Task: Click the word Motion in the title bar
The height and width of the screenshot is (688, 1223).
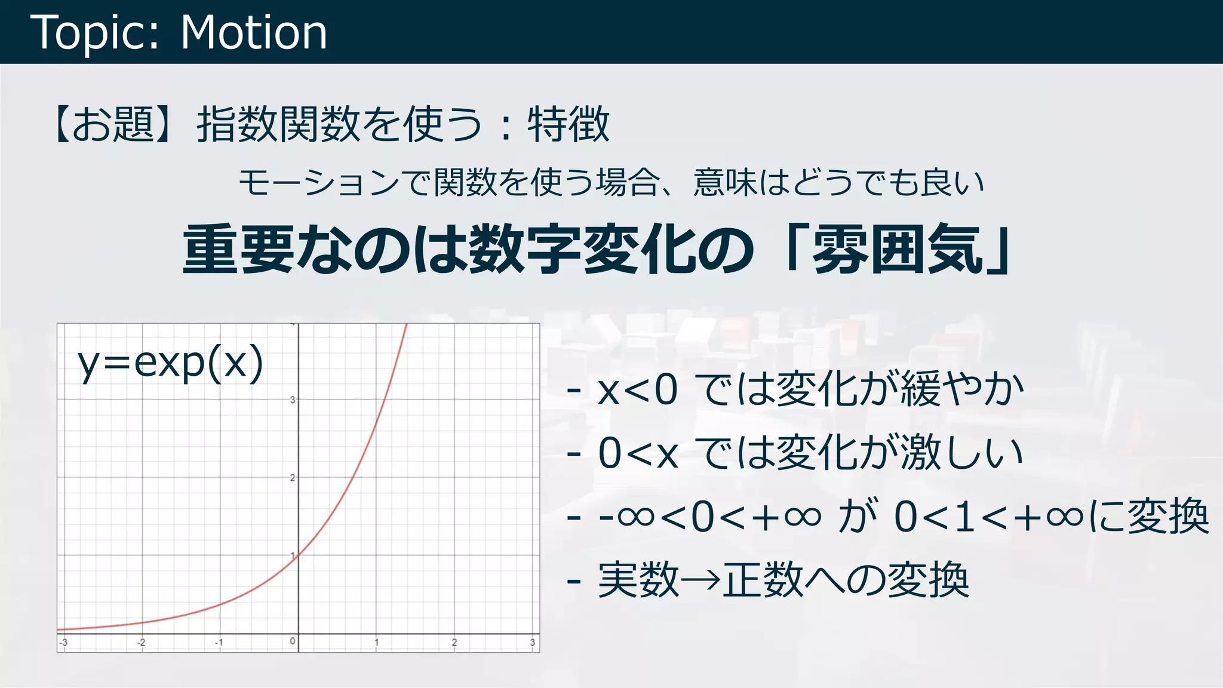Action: coord(254,32)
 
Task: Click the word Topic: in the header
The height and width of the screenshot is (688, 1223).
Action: coord(95,33)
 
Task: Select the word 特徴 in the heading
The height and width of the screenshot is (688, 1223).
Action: coord(568,124)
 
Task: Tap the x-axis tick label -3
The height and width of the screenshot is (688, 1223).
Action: coord(63,643)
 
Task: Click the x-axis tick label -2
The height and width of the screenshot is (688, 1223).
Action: coord(141,643)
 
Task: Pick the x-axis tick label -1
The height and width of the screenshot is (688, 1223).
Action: coord(219,643)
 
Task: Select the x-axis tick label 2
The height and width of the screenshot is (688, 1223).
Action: coord(454,643)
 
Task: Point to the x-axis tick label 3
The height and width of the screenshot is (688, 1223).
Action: coord(532,643)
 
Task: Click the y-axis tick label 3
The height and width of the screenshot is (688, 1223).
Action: coord(293,400)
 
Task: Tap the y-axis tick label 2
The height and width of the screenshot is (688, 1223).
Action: coord(293,478)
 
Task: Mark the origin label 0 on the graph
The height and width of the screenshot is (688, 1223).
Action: coord(293,641)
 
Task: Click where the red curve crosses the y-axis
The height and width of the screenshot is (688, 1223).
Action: coord(298,555)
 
